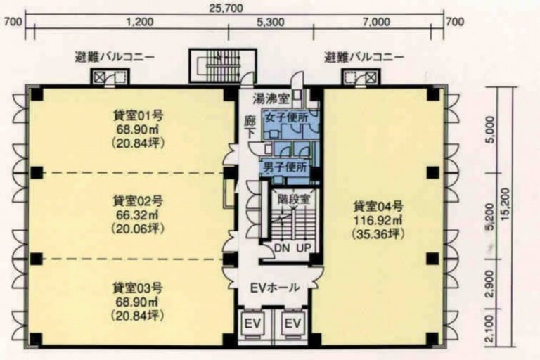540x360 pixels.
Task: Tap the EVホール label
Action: pos(274,287)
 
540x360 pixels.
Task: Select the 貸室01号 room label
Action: pos(138,115)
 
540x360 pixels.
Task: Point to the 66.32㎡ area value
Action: pos(137,215)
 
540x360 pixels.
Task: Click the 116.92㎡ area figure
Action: pos(378,220)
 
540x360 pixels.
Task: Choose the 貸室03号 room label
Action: pos(138,288)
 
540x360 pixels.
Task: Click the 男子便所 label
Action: pos(285,168)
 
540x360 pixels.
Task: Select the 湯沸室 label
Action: pos(271,99)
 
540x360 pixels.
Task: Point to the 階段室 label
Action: pos(294,199)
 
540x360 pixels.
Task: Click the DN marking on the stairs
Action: pos(283,247)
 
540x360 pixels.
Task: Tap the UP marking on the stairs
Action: pos(304,247)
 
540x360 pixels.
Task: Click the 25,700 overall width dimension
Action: pos(226,8)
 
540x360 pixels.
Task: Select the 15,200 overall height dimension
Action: pos(506,205)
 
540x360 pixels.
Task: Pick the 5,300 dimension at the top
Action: pos(271,22)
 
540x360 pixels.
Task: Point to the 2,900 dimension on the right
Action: pos(491,283)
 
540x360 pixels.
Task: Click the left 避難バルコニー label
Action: pos(115,57)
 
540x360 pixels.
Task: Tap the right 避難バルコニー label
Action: pos(364,57)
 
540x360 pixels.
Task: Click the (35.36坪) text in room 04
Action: pos(378,234)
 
